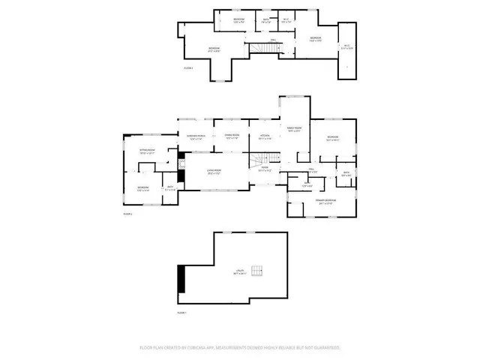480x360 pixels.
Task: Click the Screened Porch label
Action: (196, 137)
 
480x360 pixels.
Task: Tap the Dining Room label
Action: (232, 136)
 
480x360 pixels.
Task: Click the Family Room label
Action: (293, 129)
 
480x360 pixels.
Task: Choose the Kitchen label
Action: (265, 137)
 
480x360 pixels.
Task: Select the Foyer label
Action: (265, 169)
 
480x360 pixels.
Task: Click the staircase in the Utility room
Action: (259, 271)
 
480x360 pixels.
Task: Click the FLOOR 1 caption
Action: (182, 311)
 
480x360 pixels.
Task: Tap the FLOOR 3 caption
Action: (188, 68)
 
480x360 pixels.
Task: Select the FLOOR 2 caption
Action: (127, 214)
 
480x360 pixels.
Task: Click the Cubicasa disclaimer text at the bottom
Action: (240, 348)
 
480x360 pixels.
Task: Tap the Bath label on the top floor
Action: (265, 20)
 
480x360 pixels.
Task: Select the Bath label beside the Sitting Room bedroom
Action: (170, 188)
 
